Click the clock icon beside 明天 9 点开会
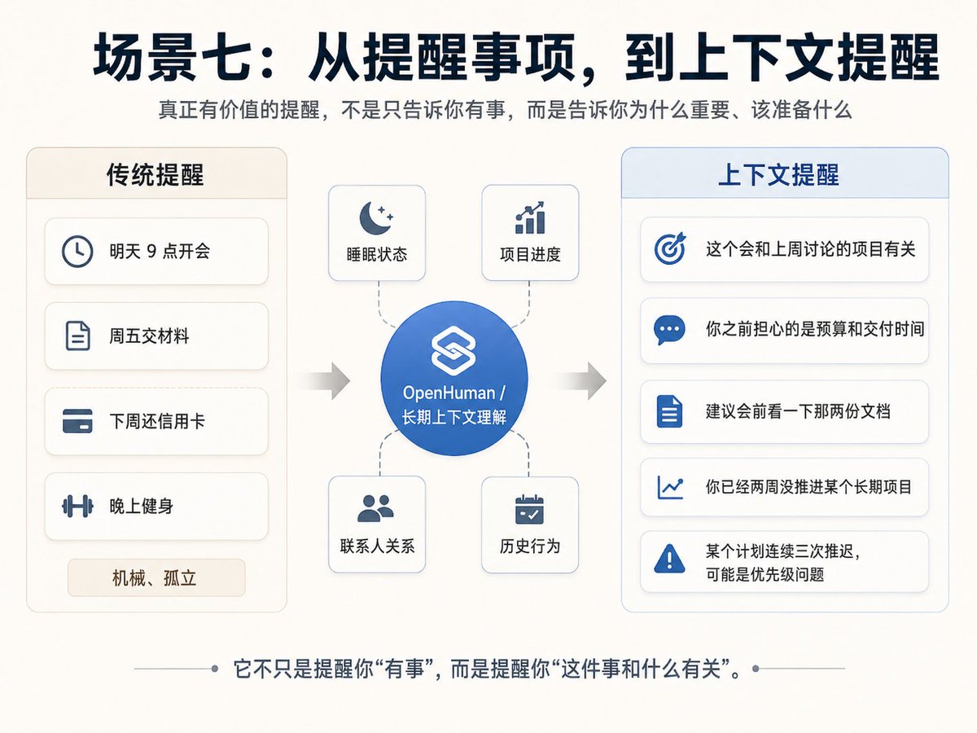point(77,252)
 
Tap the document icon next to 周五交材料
point(77,336)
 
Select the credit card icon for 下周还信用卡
point(77,421)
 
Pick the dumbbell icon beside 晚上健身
point(77,506)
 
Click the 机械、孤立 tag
point(156,577)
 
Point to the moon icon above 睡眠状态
point(376,217)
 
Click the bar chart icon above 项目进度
point(530,217)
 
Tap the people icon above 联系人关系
point(375,508)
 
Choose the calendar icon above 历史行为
point(529,510)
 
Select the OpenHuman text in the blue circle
point(449,393)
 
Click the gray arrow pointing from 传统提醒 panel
point(327,381)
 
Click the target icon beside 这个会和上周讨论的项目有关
point(670,248)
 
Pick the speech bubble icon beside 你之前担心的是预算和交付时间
point(669,330)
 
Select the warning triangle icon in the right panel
point(669,559)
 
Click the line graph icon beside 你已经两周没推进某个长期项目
point(670,487)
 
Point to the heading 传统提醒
point(155,174)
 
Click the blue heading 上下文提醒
point(778,174)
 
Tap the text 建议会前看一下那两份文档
point(798,411)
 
